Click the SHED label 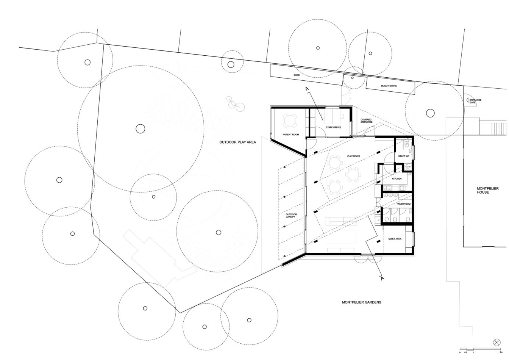tap(297, 75)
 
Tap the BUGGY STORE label tap(389, 86)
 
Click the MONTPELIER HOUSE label tap(483, 190)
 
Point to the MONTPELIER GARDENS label tap(361, 302)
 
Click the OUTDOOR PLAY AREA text tap(238, 142)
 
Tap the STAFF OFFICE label tap(333, 127)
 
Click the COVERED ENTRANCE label tap(366, 121)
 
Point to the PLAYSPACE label tap(353, 156)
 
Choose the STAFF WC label tap(403, 156)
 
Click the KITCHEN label tap(397, 178)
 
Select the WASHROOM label tap(404, 204)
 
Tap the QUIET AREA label tap(395, 239)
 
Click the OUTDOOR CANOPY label tap(291, 216)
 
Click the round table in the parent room tap(290, 121)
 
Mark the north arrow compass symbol tap(497, 342)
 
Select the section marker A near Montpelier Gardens tap(382, 279)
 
